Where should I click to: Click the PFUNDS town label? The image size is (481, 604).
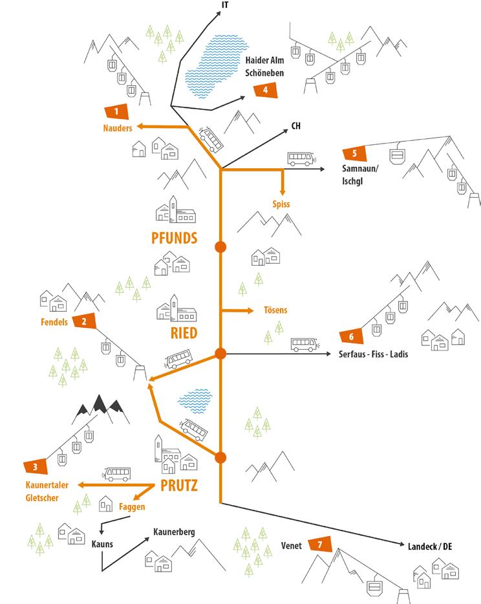tap(174, 237)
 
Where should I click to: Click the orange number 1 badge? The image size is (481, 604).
tap(116, 112)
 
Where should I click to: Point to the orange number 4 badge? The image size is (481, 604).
tap(266, 90)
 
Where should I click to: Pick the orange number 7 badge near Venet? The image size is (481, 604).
tap(319, 545)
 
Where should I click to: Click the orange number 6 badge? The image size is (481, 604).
tap(351, 336)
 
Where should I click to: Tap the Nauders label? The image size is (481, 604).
tap(117, 128)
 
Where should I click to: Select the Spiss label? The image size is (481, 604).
tap(281, 204)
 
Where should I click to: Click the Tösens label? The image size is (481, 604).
tap(275, 310)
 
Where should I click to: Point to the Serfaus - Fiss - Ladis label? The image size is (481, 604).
tap(373, 354)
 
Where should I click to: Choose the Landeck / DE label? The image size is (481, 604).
tap(429, 546)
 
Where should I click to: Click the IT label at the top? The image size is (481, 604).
tap(224, 5)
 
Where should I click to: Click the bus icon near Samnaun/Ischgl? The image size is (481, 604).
tap(300, 158)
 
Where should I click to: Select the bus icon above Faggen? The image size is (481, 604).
tap(118, 474)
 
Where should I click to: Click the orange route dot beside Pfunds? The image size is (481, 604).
tap(220, 247)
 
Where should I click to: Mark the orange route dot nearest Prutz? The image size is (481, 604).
tap(220, 458)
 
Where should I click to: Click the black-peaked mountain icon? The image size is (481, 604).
tap(100, 405)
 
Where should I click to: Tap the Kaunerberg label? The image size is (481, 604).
tap(174, 532)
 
